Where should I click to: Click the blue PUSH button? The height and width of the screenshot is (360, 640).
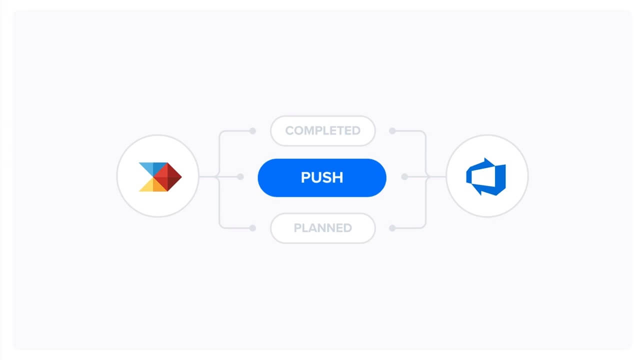pyautogui.click(x=322, y=177)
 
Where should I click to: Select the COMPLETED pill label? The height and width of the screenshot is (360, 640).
pyautogui.click(x=323, y=131)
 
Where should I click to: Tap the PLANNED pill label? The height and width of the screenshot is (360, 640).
pyautogui.click(x=323, y=228)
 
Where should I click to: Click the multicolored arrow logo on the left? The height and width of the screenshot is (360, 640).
pyautogui.click(x=160, y=177)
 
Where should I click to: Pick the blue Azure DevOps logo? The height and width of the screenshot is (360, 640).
pyautogui.click(x=486, y=177)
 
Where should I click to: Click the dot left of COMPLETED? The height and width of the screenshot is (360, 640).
pyautogui.click(x=252, y=131)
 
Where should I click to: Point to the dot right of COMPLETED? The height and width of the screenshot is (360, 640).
pyautogui.click(x=392, y=131)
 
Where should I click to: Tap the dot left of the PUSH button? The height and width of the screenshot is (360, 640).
pyautogui.click(x=240, y=177)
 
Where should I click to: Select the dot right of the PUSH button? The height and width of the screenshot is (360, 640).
pyautogui.click(x=404, y=177)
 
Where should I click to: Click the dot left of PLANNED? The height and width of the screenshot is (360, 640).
pyautogui.click(x=252, y=228)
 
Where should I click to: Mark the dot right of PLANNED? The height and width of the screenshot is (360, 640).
pyautogui.click(x=392, y=228)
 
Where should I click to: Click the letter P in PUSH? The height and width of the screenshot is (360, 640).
pyautogui.click(x=305, y=177)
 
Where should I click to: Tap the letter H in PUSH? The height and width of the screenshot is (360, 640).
pyautogui.click(x=338, y=177)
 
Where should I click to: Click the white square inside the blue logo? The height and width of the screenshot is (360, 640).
pyautogui.click(x=483, y=177)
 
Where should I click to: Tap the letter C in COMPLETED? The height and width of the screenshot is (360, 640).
pyautogui.click(x=289, y=131)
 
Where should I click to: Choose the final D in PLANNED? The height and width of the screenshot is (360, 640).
pyautogui.click(x=347, y=228)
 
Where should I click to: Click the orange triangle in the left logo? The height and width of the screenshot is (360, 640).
pyautogui.click(x=158, y=185)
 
